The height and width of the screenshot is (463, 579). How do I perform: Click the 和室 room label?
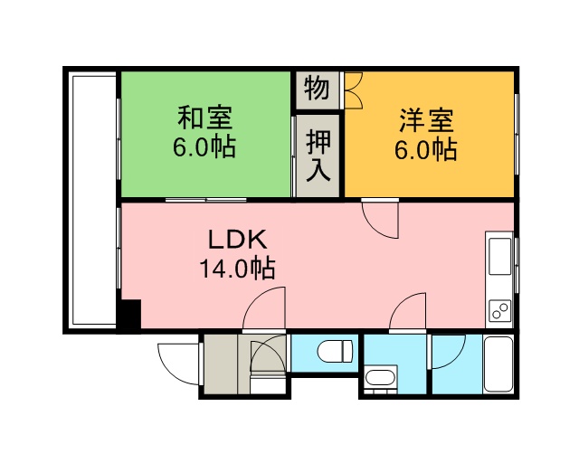[205, 118]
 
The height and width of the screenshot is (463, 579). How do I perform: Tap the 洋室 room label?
[426, 120]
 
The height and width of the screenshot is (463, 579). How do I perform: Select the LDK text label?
[237, 240]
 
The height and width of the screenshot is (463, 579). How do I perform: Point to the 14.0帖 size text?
[237, 268]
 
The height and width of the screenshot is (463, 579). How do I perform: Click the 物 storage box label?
[317, 89]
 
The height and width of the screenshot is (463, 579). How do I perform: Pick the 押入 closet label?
[318, 156]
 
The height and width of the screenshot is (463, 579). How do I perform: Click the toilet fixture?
[336, 352]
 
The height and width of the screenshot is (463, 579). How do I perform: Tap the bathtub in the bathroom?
[498, 364]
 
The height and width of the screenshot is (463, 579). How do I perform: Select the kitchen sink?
[499, 256]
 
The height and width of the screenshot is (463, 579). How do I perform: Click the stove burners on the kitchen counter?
[500, 310]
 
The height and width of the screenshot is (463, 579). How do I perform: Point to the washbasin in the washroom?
[380, 378]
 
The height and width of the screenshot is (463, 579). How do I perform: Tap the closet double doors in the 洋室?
[354, 90]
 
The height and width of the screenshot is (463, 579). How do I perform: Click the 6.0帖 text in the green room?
[204, 146]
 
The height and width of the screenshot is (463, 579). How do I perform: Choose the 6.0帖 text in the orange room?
[426, 149]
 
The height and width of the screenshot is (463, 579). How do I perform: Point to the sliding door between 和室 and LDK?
[205, 200]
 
